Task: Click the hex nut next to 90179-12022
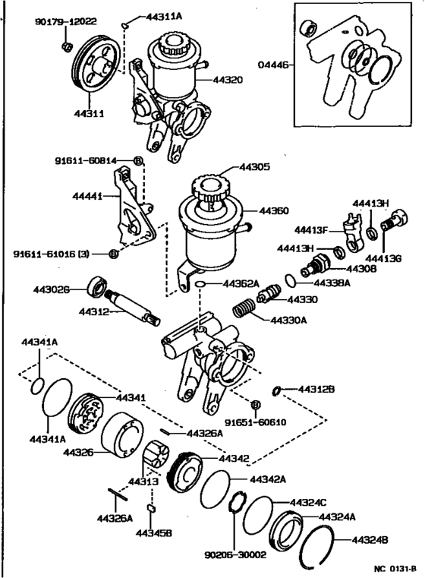click(66, 47)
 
